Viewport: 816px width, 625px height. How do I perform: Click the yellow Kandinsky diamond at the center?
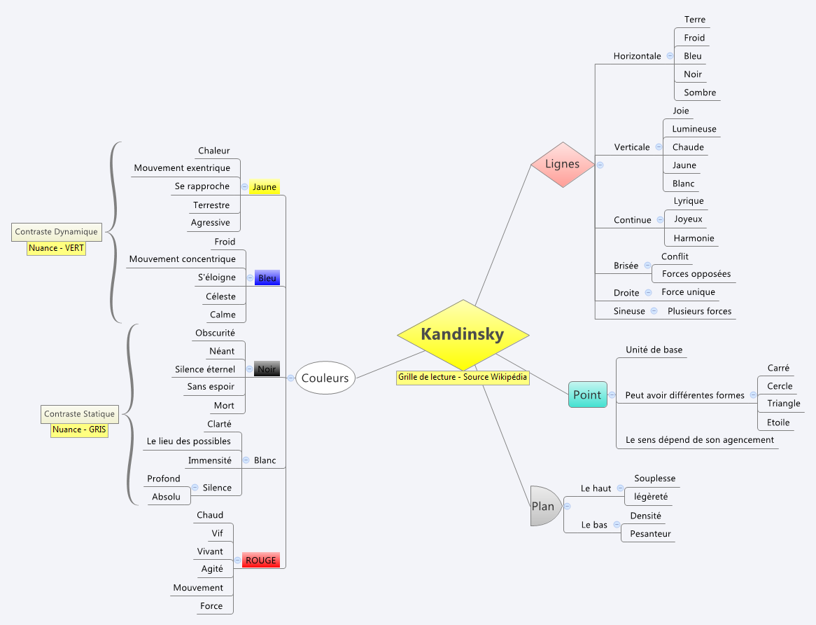[462, 335]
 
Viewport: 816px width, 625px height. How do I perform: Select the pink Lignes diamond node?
[563, 164]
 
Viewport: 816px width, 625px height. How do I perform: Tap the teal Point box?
[587, 394]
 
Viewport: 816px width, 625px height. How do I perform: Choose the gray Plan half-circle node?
[544, 506]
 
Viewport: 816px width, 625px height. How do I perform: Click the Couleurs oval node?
[325, 378]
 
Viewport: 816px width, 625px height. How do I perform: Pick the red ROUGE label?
[260, 560]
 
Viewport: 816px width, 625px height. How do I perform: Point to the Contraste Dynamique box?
[56, 231]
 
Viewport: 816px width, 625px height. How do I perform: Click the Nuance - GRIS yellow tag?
[79, 430]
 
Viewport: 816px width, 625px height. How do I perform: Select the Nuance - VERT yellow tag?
[56, 248]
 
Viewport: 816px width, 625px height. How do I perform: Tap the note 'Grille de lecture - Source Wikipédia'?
[463, 377]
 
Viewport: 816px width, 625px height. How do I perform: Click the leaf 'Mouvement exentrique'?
[182, 168]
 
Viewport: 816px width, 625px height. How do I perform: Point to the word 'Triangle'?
[783, 404]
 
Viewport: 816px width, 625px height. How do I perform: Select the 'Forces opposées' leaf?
[696, 274]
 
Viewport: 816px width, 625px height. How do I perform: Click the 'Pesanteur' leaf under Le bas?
[650, 534]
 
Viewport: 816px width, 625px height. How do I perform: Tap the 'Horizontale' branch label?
[637, 56]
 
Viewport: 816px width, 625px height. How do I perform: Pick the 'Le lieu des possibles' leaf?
[188, 441]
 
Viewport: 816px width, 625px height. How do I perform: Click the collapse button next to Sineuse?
[654, 311]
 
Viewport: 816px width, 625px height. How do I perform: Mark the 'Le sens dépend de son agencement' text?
[700, 440]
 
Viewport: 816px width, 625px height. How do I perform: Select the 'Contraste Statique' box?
[79, 414]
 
